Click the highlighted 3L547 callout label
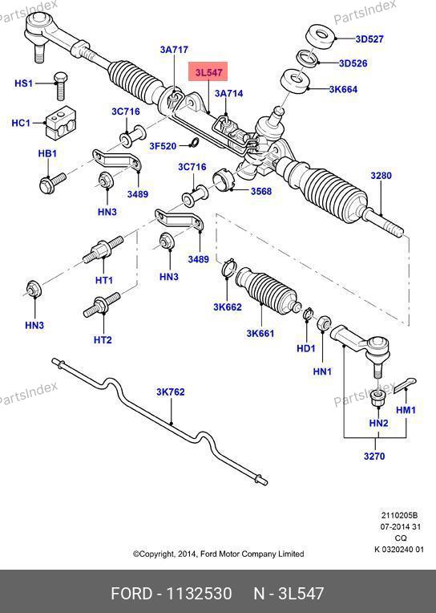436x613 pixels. click(x=208, y=71)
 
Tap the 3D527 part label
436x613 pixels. click(x=369, y=39)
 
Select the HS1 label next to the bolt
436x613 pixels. click(x=23, y=83)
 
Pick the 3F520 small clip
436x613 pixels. click(x=192, y=143)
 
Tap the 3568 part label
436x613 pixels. click(x=261, y=191)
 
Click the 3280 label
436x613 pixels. click(x=381, y=176)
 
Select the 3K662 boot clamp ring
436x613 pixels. click(x=228, y=268)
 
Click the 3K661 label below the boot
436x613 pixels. click(x=260, y=334)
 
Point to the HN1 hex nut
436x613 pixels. click(x=324, y=323)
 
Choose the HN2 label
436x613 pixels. click(x=378, y=423)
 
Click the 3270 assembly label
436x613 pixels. click(x=374, y=456)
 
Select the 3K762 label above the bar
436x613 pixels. click(x=171, y=392)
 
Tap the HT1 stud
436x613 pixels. click(x=103, y=250)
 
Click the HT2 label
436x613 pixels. click(x=103, y=339)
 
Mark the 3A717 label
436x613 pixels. click(x=174, y=50)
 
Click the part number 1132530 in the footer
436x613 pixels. click(x=200, y=594)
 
